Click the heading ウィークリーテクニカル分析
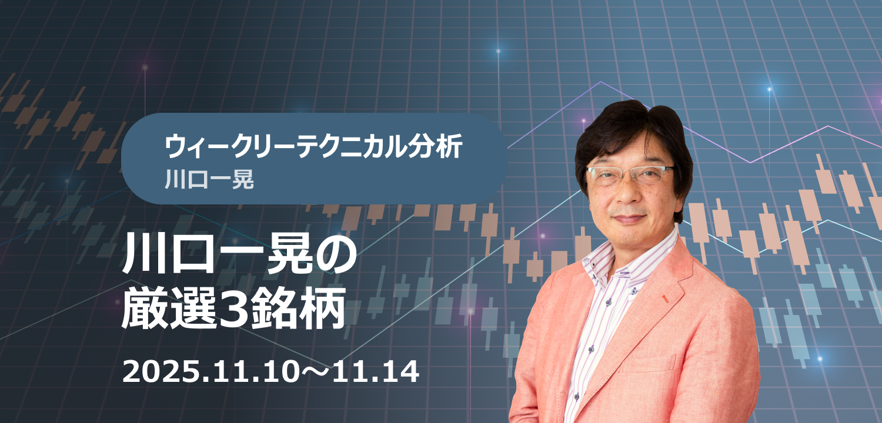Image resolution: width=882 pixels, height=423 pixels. [313, 146]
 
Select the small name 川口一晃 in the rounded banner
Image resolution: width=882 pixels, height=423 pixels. [209, 179]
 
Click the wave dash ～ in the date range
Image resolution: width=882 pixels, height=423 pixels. [315, 372]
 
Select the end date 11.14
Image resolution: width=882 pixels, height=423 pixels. [376, 372]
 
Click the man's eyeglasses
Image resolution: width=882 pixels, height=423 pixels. [630, 174]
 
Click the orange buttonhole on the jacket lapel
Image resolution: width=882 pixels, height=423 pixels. [665, 298]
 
